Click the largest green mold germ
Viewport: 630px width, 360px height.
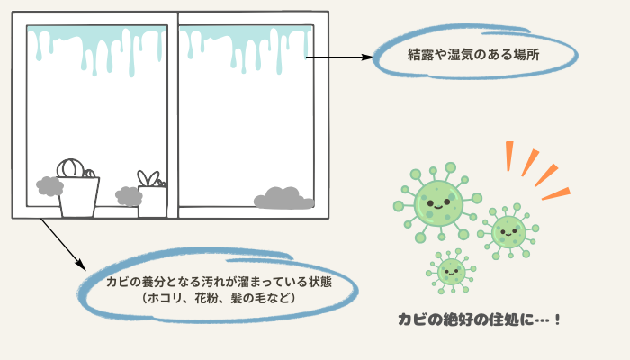point(438,203)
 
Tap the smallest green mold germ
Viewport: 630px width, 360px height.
point(451,272)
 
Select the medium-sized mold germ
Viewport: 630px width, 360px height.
point(508,231)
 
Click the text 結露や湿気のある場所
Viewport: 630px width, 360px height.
point(473,55)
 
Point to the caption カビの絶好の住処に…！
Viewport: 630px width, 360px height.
point(479,319)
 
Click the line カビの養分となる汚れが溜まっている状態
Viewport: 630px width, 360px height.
point(219,281)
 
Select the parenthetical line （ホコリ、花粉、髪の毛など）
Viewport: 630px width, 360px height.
point(219,298)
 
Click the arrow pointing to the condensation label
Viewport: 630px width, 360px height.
point(339,57)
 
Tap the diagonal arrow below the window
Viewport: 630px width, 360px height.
point(63,244)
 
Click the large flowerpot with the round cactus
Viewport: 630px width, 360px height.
point(79,197)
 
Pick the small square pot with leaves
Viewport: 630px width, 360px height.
point(153,202)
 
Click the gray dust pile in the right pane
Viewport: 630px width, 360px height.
point(283,199)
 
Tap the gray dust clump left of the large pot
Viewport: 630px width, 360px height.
point(49,186)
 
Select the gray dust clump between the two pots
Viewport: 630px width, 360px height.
point(129,196)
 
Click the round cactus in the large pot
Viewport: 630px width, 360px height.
point(71,169)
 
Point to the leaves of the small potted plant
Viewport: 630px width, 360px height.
point(148,178)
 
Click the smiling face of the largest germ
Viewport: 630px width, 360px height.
point(438,204)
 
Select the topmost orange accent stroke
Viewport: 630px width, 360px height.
point(509,156)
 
